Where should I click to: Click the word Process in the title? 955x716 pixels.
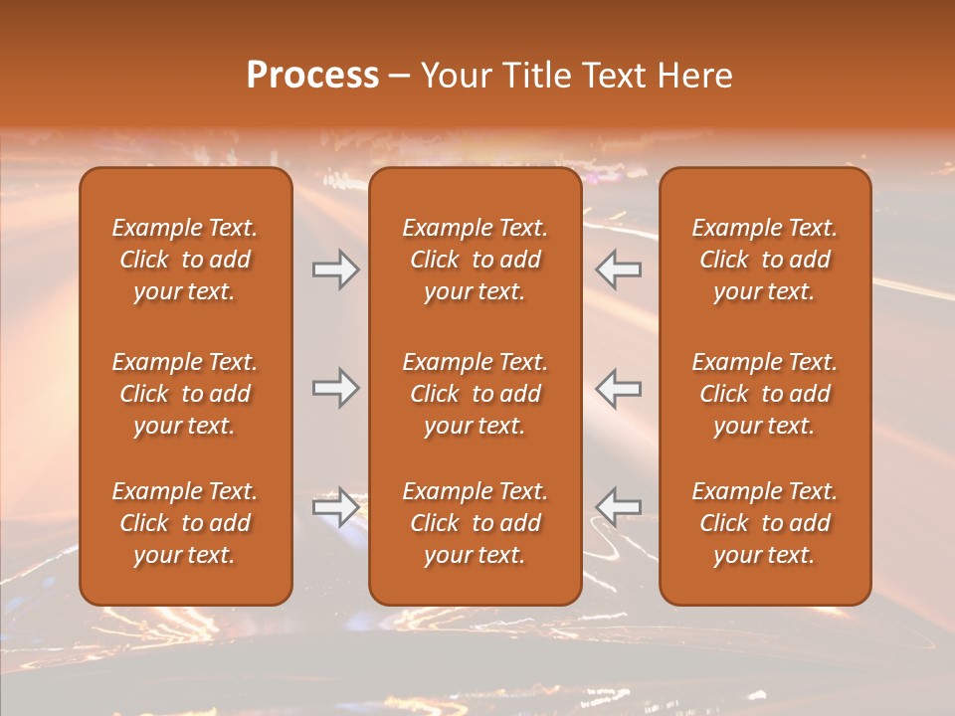[312, 76]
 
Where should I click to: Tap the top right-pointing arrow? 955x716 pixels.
[335, 269]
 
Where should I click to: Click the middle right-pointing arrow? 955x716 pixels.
[335, 388]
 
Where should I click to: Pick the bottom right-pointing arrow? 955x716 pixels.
[335, 507]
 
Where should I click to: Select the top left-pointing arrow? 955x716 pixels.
[618, 269]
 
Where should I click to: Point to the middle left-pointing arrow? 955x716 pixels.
[618, 388]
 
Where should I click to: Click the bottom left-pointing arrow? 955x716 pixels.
[618, 507]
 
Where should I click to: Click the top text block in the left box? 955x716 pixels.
[185, 260]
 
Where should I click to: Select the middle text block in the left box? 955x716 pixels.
[185, 394]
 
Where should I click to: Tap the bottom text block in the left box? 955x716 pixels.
[185, 523]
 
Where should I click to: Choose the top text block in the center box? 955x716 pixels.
[476, 260]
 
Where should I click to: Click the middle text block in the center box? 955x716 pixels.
[476, 394]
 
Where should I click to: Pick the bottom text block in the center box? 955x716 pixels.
[476, 523]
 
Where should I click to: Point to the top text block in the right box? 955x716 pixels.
[765, 260]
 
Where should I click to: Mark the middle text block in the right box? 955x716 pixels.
[765, 394]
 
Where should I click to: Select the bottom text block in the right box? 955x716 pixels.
[765, 523]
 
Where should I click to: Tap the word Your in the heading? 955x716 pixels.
[453, 76]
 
